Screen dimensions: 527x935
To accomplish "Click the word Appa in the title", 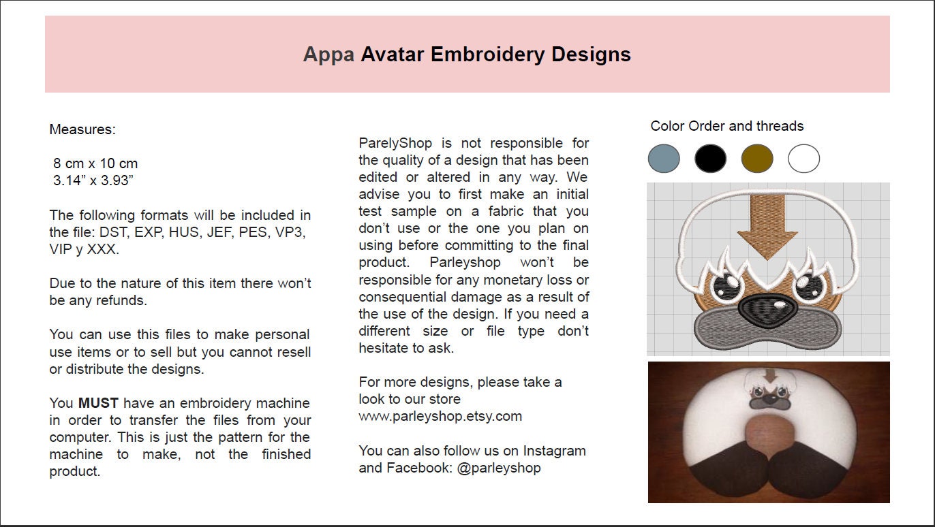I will [328, 54].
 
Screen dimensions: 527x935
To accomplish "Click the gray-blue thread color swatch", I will [664, 159].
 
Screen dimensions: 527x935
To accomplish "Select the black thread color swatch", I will [710, 159].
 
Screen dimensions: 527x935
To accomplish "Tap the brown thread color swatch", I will [757, 159].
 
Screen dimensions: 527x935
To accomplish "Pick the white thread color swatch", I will [803, 159].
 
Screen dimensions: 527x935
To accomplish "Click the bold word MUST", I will [98, 403].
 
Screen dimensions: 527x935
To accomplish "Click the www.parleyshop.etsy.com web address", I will [440, 416].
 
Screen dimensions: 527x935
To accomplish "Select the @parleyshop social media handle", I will [499, 468].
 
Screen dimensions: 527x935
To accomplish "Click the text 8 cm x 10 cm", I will [95, 163].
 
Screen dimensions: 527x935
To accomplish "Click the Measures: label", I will [82, 129].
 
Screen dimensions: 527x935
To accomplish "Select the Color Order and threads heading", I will [726, 126].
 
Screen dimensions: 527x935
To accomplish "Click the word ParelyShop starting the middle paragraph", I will [395, 143].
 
